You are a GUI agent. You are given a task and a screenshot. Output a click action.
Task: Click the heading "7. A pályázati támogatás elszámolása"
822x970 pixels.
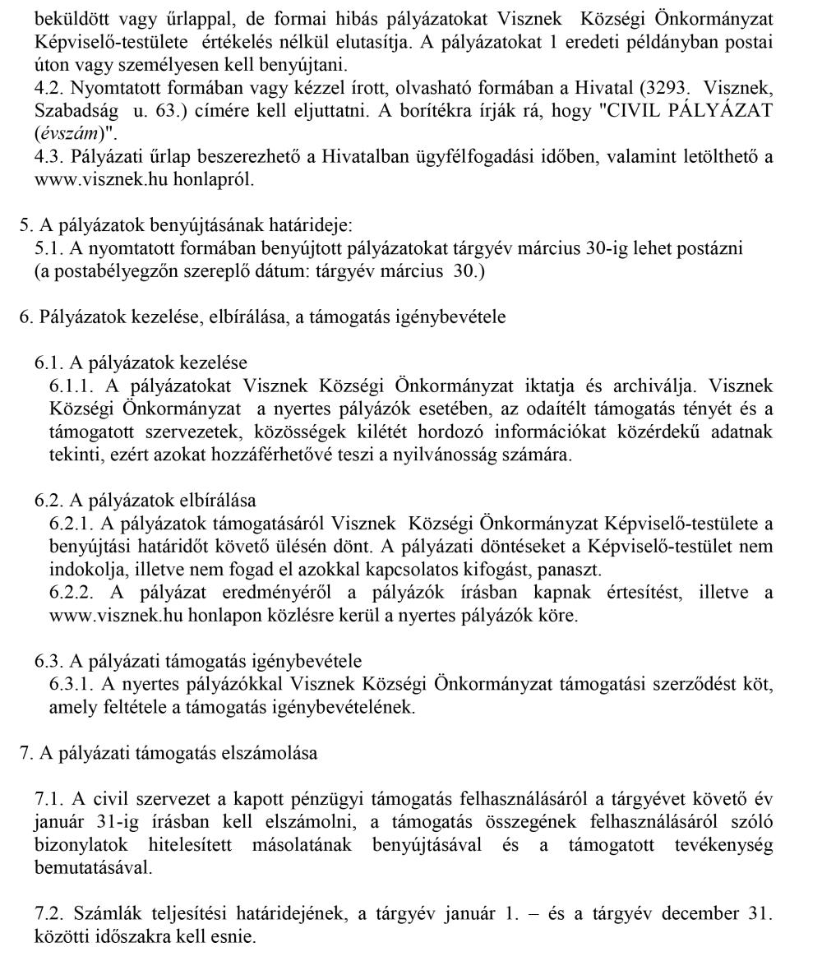169,753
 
